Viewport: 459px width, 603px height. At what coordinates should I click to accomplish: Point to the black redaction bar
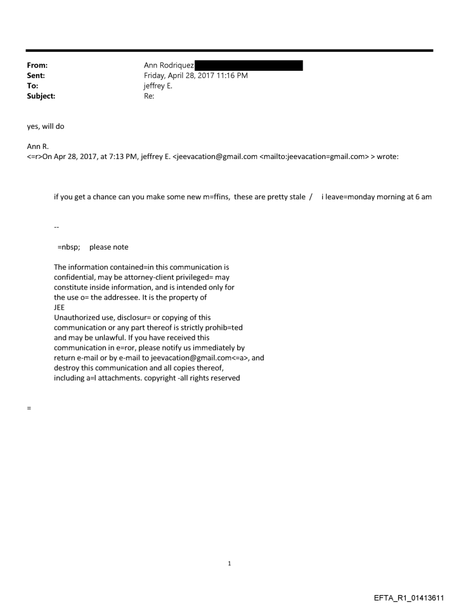[248, 66]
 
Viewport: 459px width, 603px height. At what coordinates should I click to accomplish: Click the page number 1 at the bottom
[229, 563]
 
